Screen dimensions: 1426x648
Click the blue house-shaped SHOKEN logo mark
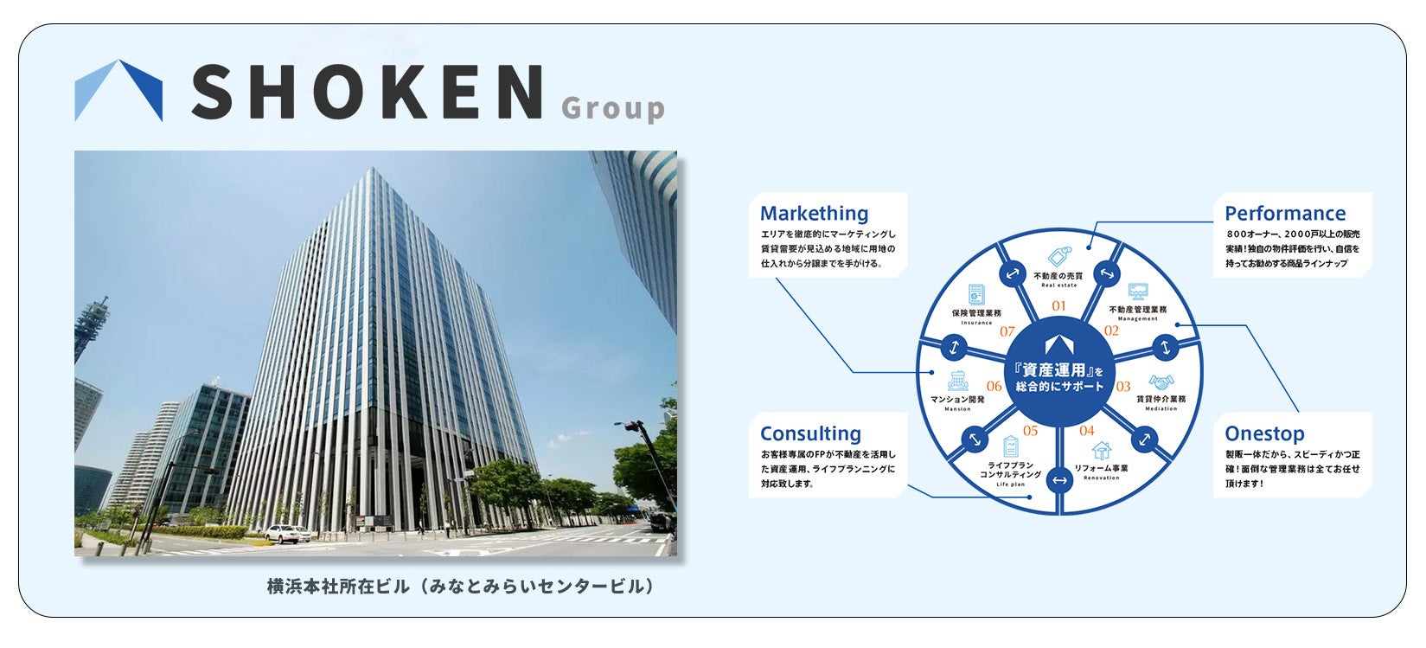(118, 90)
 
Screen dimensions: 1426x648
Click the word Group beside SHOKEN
(613, 109)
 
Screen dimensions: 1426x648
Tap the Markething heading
(814, 213)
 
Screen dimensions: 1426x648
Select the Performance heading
(1285, 213)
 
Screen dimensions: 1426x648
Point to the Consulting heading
(810, 433)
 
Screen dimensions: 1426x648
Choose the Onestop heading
(1264, 433)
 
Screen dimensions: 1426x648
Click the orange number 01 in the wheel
(1058, 305)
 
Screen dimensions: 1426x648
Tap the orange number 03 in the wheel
(1123, 387)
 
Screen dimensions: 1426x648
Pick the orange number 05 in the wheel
(1030, 431)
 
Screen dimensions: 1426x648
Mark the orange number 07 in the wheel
(1007, 331)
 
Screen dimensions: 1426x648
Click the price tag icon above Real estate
(1058, 258)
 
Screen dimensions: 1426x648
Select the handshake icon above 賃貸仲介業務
(1161, 382)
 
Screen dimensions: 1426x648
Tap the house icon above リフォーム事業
(1101, 450)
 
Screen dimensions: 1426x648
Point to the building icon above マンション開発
(957, 380)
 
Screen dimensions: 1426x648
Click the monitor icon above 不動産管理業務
(1138, 292)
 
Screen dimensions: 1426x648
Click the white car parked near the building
(285, 533)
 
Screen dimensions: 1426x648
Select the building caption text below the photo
(460, 587)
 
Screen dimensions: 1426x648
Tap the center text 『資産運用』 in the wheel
(1056, 369)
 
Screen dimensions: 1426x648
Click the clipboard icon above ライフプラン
(1010, 446)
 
